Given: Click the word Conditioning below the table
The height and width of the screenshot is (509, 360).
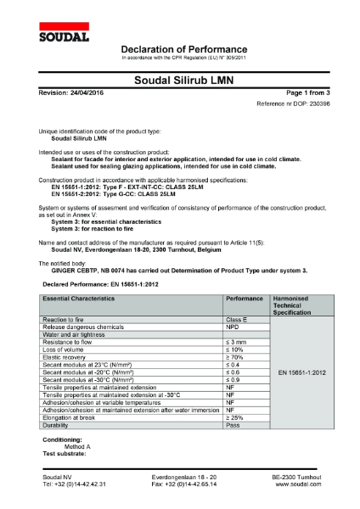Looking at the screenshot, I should pos(62,439).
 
